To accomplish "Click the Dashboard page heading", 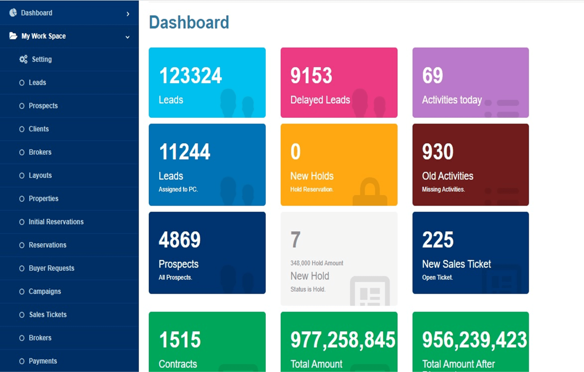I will (x=189, y=22).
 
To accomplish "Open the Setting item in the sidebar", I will (x=41, y=59).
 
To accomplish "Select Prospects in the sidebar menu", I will (x=43, y=106).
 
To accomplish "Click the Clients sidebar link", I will (x=39, y=129).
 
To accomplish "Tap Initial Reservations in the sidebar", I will (x=56, y=222).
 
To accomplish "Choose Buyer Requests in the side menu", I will (x=51, y=268).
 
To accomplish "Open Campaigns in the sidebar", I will (x=45, y=291).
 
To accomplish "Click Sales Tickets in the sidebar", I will (x=48, y=315).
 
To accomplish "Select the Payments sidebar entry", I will (x=43, y=361).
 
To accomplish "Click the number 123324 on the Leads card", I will (x=190, y=75).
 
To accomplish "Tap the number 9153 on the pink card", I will (x=311, y=75).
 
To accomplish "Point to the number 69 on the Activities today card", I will (x=432, y=75).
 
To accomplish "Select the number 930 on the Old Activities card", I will (x=438, y=152).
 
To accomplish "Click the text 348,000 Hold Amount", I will (x=317, y=263).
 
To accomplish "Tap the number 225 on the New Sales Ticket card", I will (x=438, y=240).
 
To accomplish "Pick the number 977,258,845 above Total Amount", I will (x=342, y=340).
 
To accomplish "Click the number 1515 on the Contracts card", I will (x=180, y=340).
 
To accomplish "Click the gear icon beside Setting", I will (x=23, y=59).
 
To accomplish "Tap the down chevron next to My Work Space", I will (x=127, y=37).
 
